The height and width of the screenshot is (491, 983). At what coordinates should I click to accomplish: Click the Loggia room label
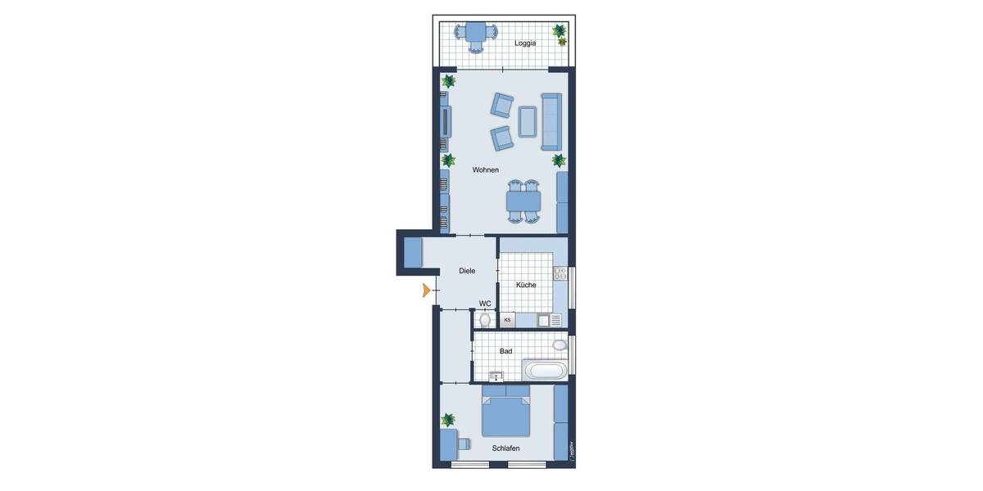(525, 43)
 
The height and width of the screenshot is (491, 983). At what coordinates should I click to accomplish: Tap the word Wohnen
(485, 170)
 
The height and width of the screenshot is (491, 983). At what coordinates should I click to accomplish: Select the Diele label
(467, 271)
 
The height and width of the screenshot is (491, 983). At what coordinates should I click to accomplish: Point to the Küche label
(526, 285)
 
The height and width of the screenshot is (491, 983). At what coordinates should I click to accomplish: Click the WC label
(485, 304)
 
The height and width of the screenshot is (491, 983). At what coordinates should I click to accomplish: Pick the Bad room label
(506, 351)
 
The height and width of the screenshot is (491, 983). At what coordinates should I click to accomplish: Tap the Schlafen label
(505, 448)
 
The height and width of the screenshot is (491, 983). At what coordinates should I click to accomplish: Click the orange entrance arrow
(426, 290)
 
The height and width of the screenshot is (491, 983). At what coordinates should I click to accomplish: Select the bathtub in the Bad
(546, 371)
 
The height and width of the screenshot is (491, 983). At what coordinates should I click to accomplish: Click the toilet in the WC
(485, 320)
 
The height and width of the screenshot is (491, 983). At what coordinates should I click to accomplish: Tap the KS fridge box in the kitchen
(507, 320)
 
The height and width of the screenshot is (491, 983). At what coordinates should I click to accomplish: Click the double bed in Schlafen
(505, 412)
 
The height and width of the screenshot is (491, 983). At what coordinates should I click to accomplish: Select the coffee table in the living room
(528, 121)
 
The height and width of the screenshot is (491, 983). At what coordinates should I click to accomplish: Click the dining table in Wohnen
(523, 201)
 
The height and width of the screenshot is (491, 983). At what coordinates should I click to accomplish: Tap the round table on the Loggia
(476, 34)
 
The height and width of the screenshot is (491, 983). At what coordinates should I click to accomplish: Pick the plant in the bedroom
(448, 420)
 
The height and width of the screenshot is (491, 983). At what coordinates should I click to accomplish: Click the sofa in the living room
(550, 121)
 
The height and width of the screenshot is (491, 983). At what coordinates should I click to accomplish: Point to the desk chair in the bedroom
(463, 444)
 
